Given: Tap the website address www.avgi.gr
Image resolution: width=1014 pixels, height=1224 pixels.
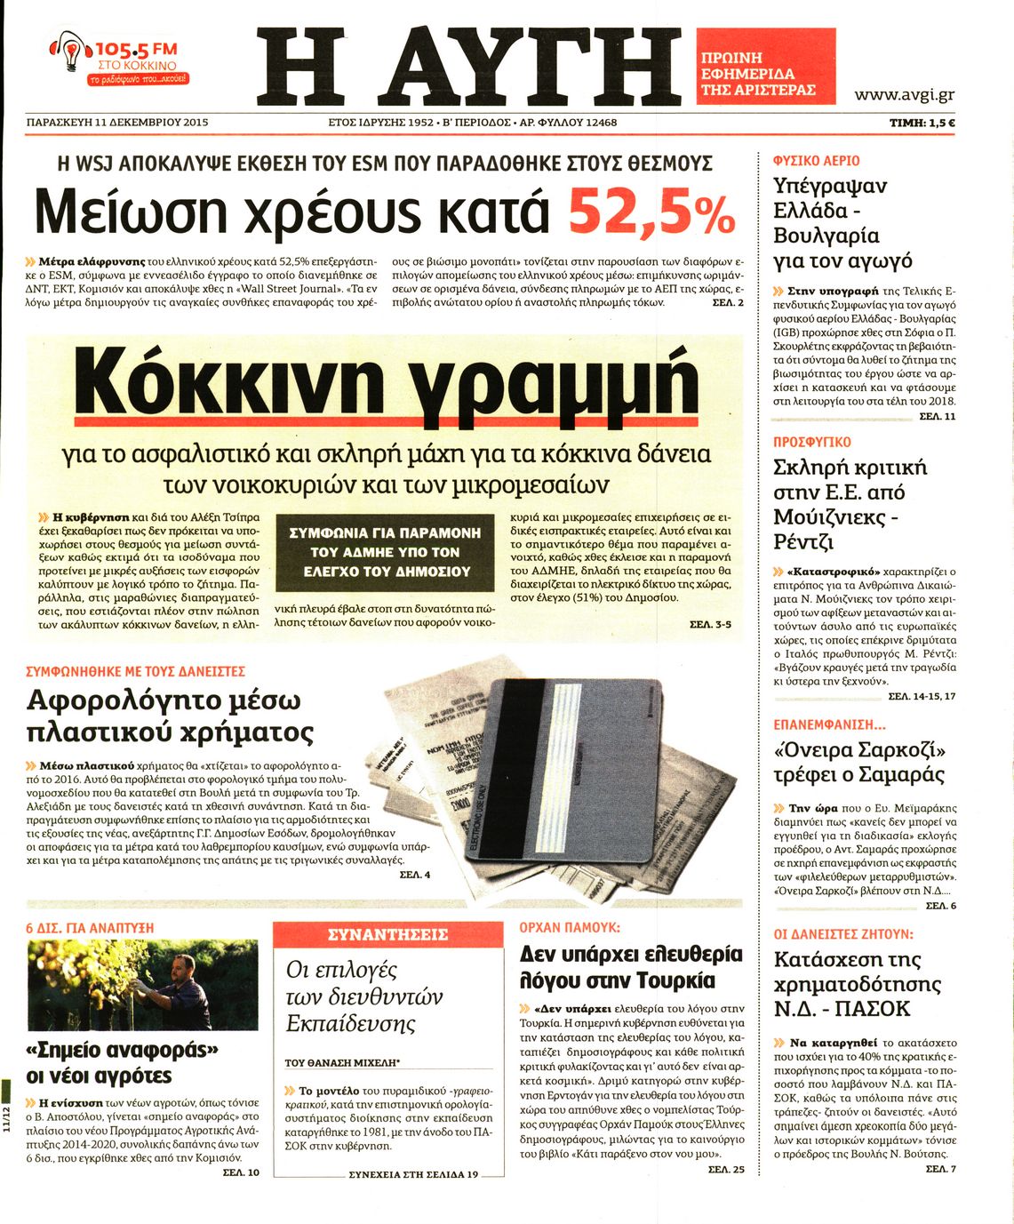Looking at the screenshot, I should [x=904, y=95].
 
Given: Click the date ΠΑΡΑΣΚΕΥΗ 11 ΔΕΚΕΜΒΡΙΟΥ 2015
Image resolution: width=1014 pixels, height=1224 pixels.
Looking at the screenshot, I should [x=117, y=123].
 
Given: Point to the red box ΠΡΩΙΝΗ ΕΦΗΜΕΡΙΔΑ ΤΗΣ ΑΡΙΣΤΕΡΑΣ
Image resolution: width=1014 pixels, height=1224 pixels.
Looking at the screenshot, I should [x=765, y=66].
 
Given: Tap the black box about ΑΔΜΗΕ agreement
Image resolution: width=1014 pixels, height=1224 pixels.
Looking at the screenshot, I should [x=385, y=552].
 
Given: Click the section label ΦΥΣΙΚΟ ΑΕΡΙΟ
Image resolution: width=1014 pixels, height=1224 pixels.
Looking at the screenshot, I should [x=816, y=161].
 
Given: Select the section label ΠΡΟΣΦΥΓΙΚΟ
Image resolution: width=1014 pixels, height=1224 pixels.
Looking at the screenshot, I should [x=811, y=442].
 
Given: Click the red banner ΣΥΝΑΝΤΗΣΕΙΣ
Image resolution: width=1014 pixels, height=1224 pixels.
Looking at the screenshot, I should [x=387, y=934].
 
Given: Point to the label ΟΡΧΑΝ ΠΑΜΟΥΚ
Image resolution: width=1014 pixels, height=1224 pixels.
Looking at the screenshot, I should [x=569, y=927].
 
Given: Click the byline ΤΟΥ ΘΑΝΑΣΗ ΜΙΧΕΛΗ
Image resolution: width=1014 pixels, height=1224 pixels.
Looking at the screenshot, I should [x=342, y=1062].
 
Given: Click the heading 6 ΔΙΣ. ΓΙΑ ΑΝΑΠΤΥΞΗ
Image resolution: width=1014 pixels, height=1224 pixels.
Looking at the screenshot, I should [x=90, y=927].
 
